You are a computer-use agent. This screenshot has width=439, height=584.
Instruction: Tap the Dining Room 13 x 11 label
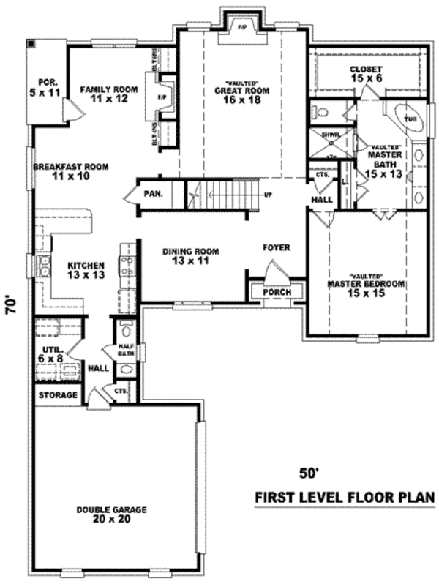pyautogui.click(x=190, y=256)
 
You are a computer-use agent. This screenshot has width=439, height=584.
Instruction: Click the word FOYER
pyautogui.click(x=277, y=248)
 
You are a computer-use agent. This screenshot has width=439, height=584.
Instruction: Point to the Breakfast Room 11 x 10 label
pyautogui.click(x=70, y=171)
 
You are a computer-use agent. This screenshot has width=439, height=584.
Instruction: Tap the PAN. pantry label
pyautogui.click(x=152, y=194)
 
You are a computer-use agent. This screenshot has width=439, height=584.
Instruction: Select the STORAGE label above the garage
pyautogui.click(x=59, y=395)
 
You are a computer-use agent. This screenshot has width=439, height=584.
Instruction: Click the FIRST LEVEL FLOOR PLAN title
pyautogui.click(x=344, y=498)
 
